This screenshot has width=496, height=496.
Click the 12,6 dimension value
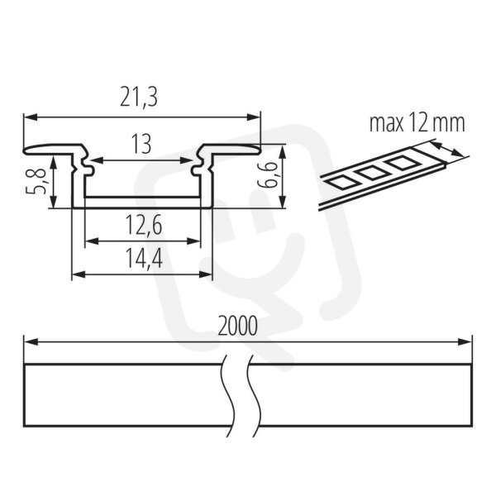click(144, 226)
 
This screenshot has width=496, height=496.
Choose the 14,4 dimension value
click(144, 259)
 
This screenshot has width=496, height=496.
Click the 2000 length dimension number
click(238, 327)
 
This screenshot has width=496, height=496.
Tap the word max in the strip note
click(387, 123)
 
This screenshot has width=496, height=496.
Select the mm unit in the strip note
click(447, 124)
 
